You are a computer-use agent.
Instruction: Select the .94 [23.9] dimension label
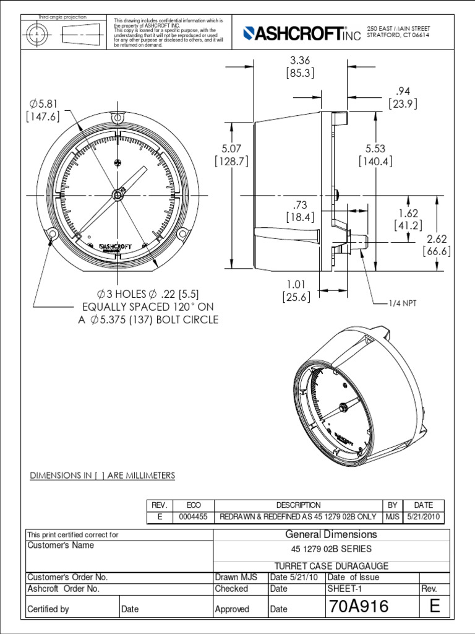403,98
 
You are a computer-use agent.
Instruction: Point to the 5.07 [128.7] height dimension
231,155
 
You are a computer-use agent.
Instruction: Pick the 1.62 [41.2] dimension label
408,219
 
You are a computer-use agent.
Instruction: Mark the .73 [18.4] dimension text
300,211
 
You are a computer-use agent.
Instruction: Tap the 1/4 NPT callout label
403,303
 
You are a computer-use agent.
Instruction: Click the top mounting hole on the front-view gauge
117,118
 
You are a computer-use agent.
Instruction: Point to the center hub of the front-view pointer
117,195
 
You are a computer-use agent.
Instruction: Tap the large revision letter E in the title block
435,607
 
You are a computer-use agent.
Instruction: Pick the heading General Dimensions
331,534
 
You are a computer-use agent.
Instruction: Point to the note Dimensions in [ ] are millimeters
103,475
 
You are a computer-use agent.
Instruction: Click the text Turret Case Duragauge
331,565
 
